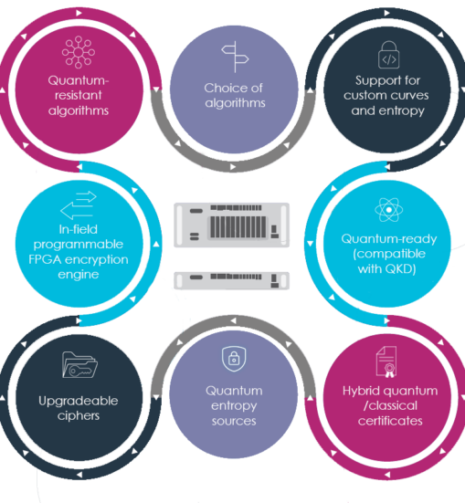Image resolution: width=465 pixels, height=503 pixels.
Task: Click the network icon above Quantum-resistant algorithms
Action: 79,52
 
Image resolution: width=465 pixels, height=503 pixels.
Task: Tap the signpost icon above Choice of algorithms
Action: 235,57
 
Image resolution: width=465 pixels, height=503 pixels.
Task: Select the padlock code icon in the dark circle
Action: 388,55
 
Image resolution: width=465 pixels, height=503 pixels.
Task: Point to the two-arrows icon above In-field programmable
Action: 79,205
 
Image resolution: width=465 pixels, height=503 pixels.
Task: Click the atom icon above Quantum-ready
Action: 388,209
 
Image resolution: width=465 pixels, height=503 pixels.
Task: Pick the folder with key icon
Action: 79,365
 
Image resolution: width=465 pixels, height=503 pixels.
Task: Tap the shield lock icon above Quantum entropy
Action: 234,359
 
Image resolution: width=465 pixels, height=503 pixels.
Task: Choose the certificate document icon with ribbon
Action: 386,362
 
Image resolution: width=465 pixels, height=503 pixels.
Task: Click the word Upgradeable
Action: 79,402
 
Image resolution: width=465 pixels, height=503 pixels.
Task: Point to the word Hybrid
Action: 359,391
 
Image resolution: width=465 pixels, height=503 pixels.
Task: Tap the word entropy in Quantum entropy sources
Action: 234,406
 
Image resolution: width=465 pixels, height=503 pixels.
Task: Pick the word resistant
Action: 79,95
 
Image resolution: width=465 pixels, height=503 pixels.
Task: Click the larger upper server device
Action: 231,225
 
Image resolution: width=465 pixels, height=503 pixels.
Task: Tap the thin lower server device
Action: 231,280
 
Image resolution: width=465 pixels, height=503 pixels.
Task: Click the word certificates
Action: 390,421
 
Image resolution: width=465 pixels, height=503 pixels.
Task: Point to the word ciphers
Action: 79,416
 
